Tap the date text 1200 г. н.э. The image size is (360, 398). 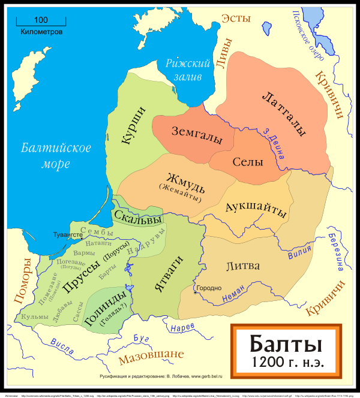286,363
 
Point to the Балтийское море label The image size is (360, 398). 55,155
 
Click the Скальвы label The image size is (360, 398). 138,218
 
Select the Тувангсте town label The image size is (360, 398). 67,235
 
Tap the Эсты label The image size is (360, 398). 236,19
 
